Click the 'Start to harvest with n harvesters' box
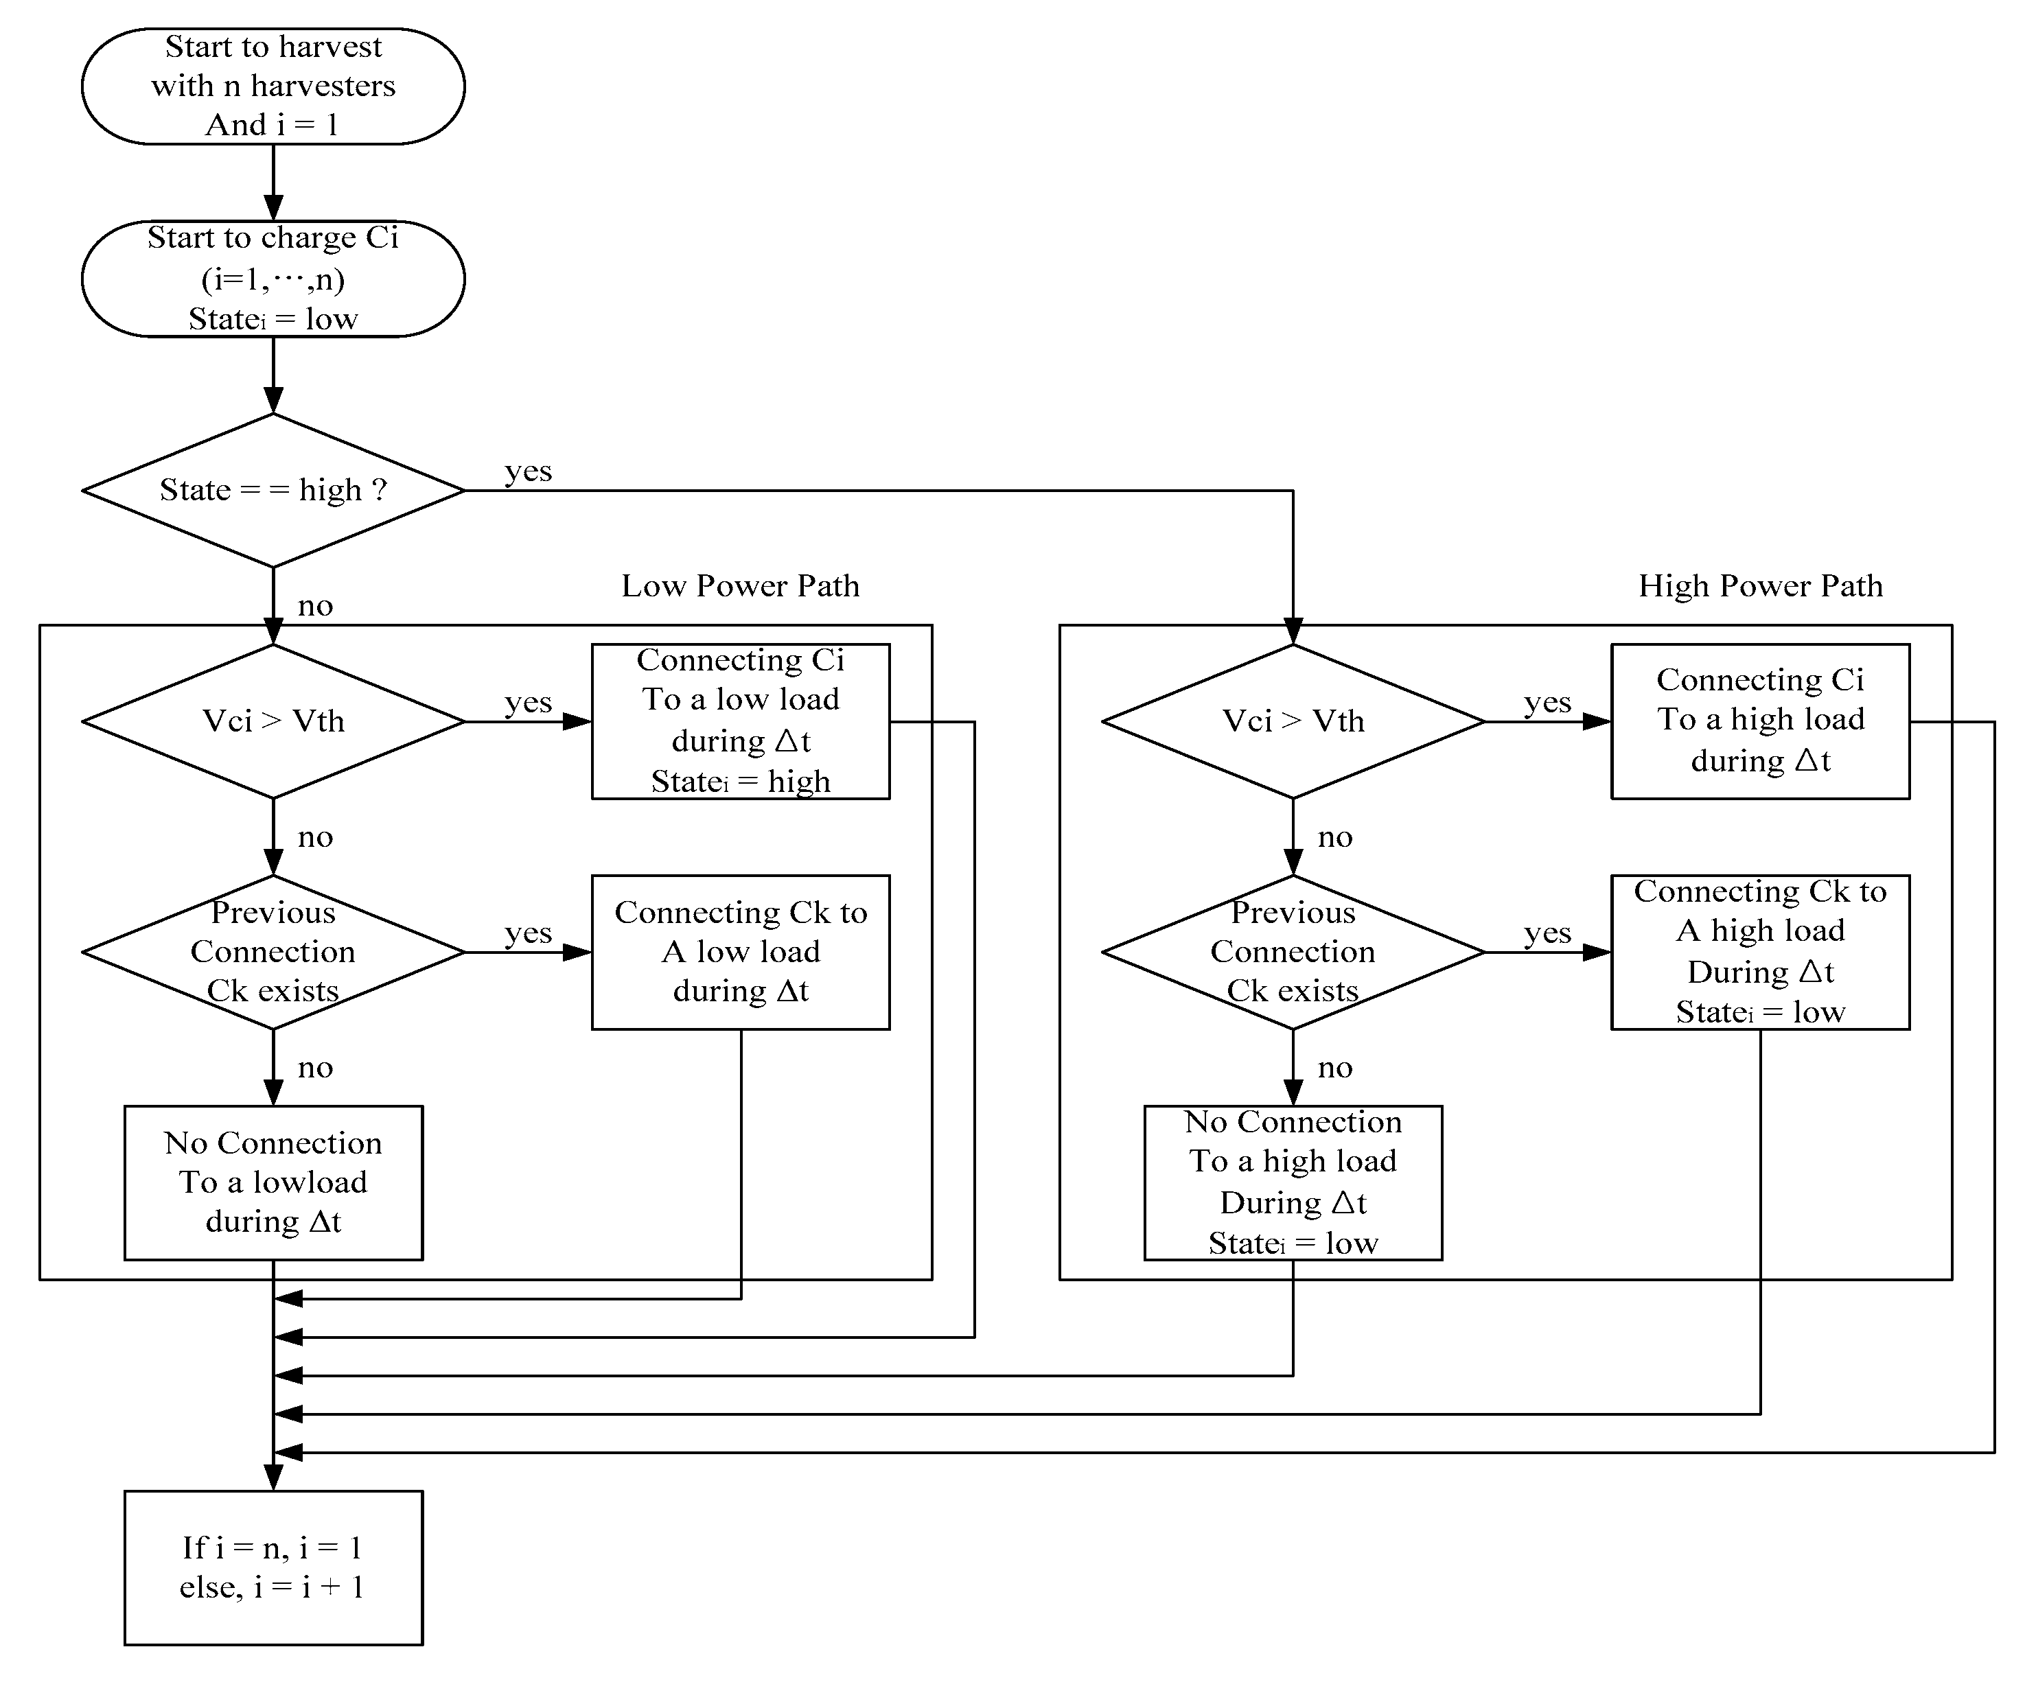[273, 86]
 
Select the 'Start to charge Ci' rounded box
[273, 279]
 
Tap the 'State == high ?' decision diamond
[273, 491]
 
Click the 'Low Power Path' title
[739, 586]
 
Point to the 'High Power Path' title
[1760, 586]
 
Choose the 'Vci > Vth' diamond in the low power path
[273, 721]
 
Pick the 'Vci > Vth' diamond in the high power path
[1293, 721]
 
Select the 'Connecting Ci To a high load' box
[1760, 721]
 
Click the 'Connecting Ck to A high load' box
[1760, 953]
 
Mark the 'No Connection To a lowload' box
[273, 1182]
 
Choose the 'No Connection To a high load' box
[1293, 1182]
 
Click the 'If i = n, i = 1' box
[273, 1568]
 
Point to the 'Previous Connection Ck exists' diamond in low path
[273, 953]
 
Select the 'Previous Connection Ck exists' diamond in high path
[1293, 953]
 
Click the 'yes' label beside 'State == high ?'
[529, 471]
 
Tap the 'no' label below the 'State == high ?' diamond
[315, 606]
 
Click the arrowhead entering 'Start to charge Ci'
[273, 207]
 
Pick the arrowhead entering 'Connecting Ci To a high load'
[1597, 721]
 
